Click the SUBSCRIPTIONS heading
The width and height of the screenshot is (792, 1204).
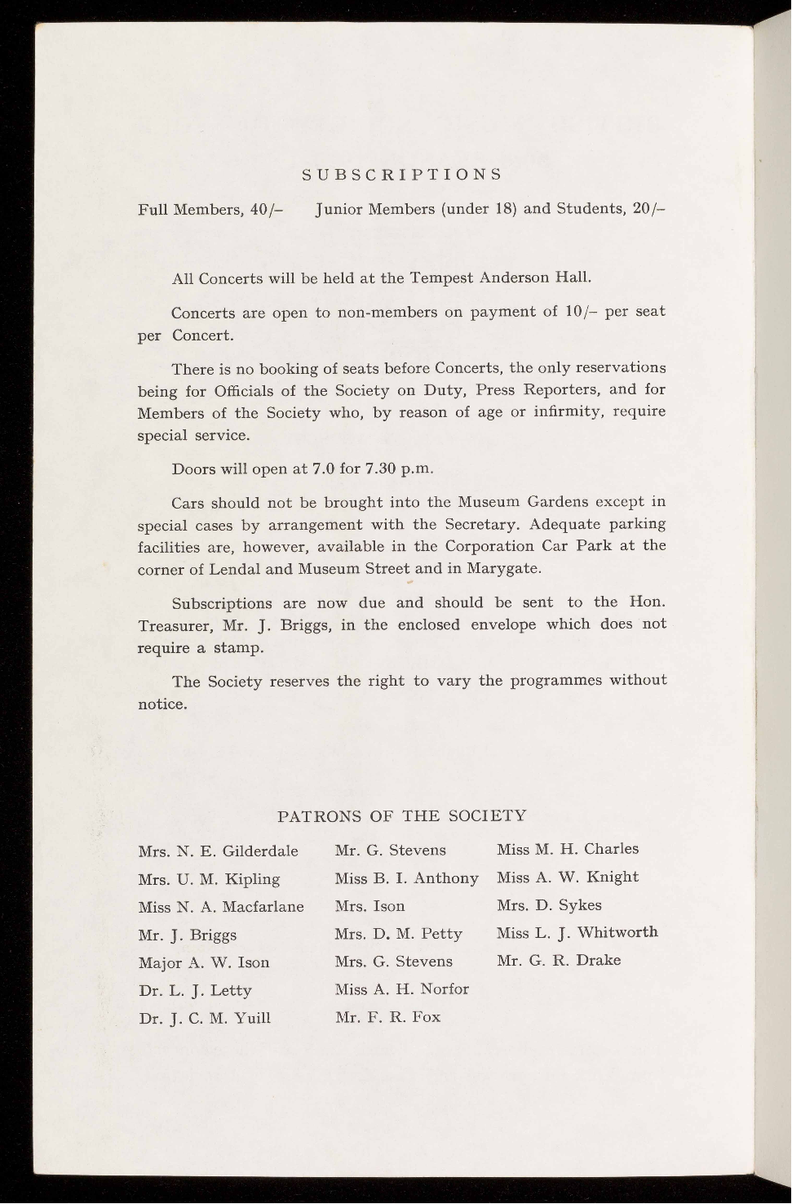pos(401,175)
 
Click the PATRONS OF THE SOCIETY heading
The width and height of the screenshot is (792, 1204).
pos(402,815)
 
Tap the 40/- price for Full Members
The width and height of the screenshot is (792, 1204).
pos(266,209)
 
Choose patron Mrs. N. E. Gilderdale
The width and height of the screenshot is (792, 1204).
pos(219,851)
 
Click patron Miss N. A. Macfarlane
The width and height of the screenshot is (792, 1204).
pos(221,907)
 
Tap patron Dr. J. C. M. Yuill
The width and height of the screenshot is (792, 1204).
pos(205,1019)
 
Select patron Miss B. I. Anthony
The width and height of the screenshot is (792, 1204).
pos(406,878)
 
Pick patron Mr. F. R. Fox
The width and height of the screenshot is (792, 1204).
pos(387,1017)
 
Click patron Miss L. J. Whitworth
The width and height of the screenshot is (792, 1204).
pos(577,932)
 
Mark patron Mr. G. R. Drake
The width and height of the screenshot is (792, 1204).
pos(559,960)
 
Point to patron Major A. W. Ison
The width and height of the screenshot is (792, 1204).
pos(204,963)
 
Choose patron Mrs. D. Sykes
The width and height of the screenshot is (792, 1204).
pos(549,905)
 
